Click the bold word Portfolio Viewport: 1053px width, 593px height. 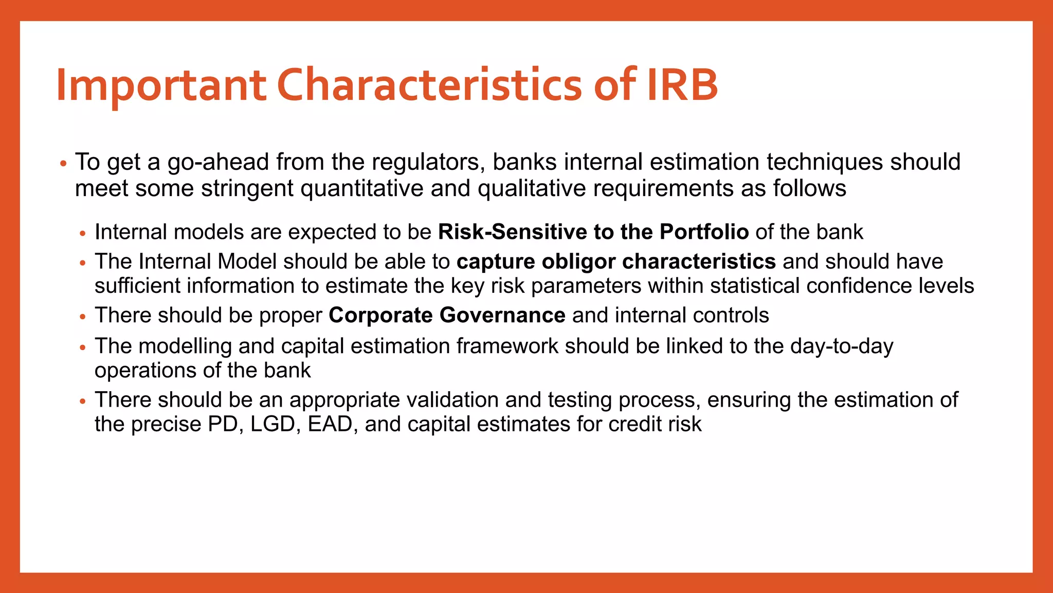coord(704,232)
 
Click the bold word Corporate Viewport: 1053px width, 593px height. coord(380,316)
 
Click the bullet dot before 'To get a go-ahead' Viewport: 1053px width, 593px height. coord(63,164)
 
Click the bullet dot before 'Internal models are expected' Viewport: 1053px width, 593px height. coord(83,234)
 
